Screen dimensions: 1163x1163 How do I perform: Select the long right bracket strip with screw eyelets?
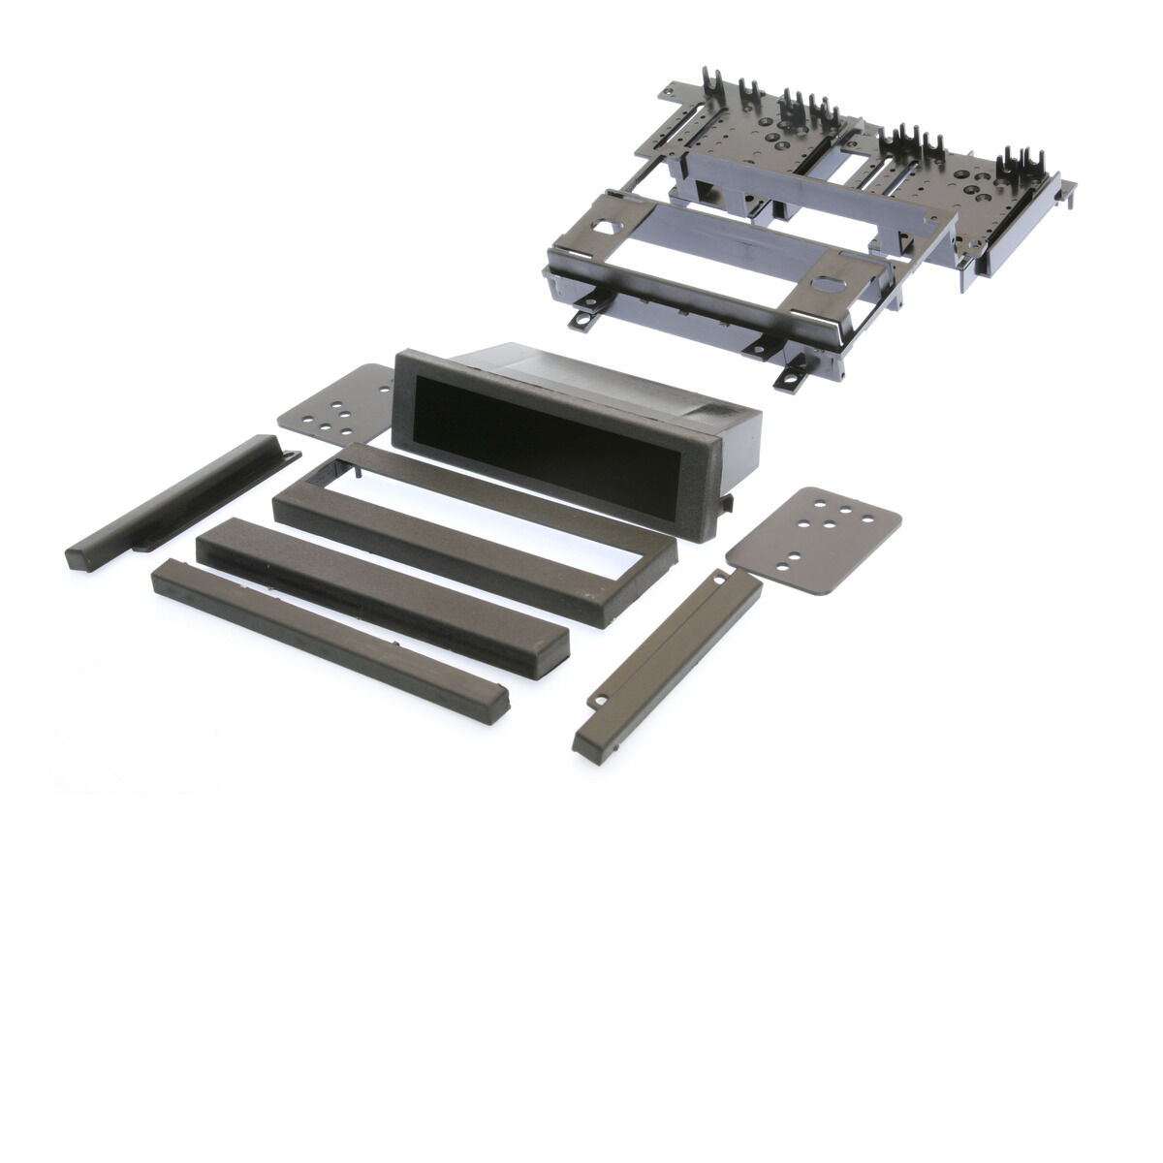tap(669, 659)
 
